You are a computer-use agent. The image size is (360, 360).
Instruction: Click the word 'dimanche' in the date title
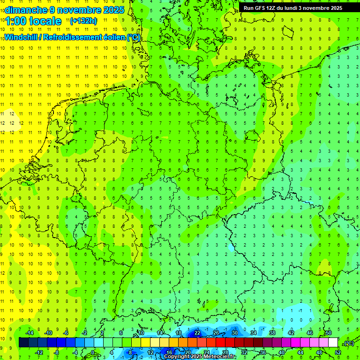tap(25, 10)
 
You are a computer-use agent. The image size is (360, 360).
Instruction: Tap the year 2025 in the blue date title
tap(113, 10)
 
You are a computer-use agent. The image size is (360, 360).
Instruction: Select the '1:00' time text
tap(15, 21)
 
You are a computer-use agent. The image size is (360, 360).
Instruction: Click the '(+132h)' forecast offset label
tap(83, 21)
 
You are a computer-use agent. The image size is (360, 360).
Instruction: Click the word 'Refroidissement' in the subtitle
tap(77, 37)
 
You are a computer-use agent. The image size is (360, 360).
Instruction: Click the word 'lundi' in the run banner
tap(297, 8)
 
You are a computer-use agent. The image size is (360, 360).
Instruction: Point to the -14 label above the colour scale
tap(29, 333)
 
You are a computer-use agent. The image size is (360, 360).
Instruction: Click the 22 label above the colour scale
tap(197, 333)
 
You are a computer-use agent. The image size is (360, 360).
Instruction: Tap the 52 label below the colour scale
tap(338, 352)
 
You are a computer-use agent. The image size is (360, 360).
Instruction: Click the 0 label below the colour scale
tap(93, 352)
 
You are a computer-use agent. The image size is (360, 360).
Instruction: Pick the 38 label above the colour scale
tap(272, 333)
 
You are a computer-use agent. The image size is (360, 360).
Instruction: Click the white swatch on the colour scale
tap(333, 343)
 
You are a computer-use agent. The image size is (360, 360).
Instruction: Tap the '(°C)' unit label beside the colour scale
tap(348, 343)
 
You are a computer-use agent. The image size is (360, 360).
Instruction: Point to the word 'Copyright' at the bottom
tap(177, 357)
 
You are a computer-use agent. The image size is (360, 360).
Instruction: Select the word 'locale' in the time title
tap(45, 21)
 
